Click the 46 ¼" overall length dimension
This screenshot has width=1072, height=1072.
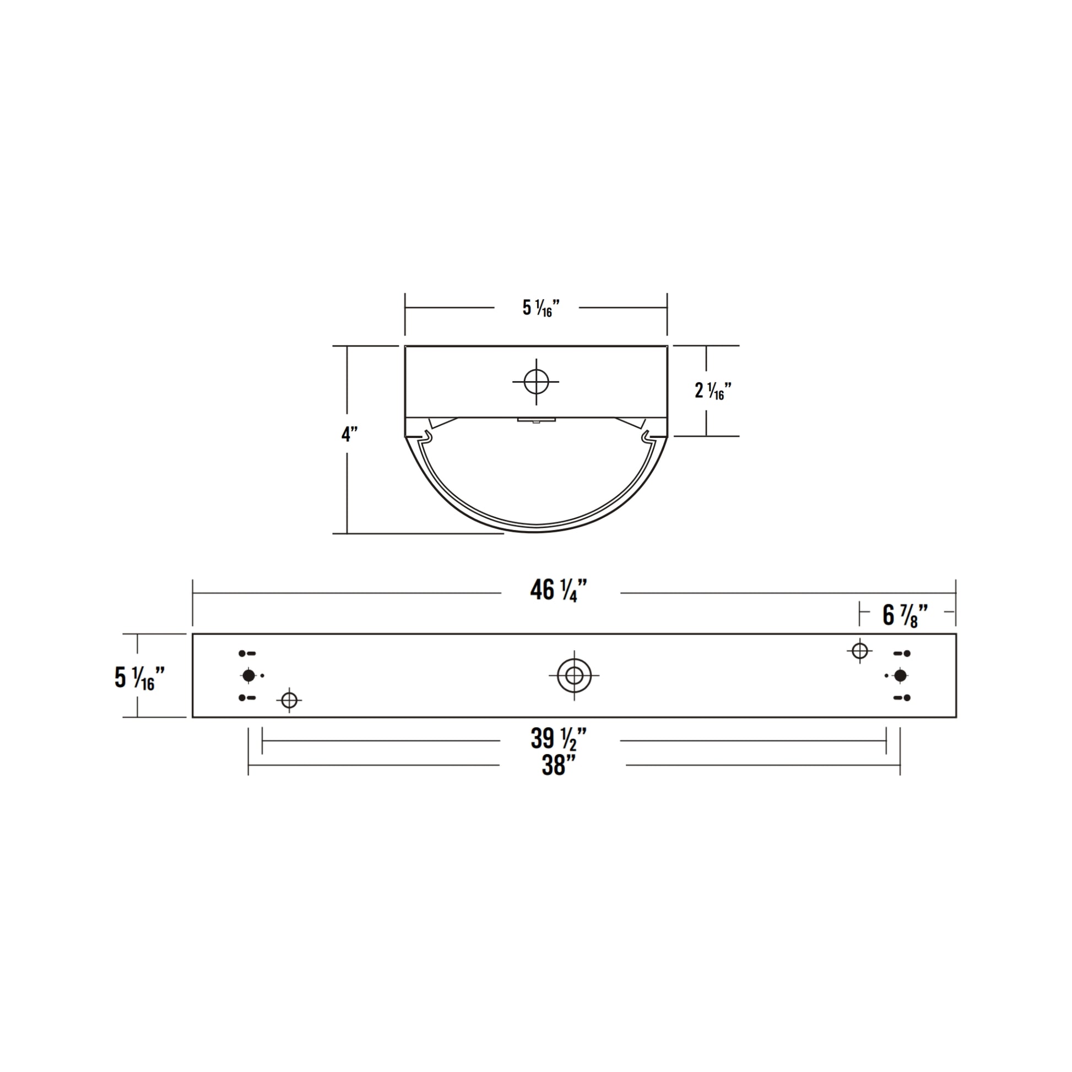coord(559,591)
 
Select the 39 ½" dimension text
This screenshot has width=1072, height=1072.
coord(559,739)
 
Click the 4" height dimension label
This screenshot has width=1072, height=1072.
coord(350,434)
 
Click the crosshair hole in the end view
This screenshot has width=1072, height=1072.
coord(536,382)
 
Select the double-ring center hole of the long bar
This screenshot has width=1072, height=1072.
coord(574,676)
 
